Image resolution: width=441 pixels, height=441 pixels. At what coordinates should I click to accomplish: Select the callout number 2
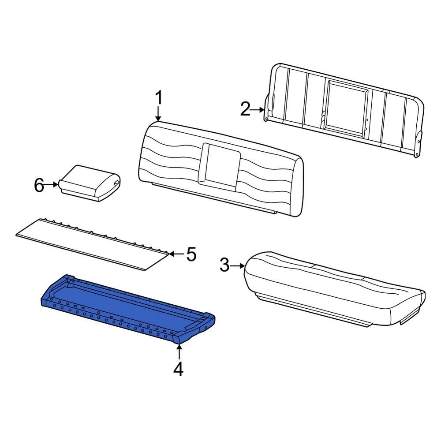pyautogui.click(x=245, y=108)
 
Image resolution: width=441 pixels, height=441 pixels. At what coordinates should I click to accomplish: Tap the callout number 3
pyautogui.click(x=224, y=265)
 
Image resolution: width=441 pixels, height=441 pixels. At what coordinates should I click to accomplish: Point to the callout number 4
pyautogui.click(x=178, y=369)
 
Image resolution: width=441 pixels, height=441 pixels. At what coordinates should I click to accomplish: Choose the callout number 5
pyautogui.click(x=191, y=254)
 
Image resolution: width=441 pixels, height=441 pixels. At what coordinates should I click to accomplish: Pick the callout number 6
pyautogui.click(x=39, y=186)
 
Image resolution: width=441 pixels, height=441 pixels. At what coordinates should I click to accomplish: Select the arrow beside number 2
pyautogui.click(x=258, y=108)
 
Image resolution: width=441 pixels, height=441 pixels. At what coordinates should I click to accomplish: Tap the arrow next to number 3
pyautogui.click(x=238, y=265)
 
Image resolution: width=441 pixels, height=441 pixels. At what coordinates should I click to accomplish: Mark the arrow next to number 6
pyautogui.click(x=53, y=185)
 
